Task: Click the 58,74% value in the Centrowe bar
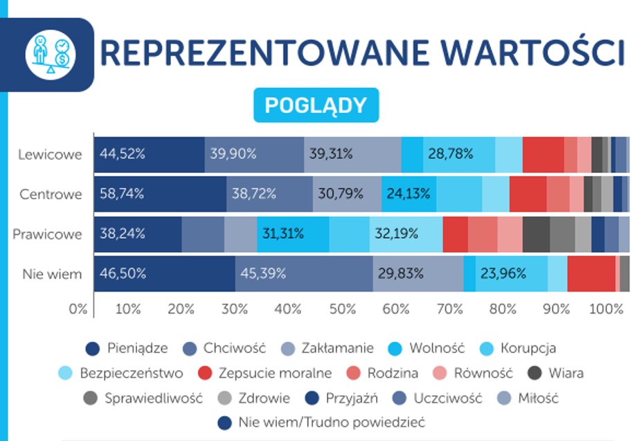coord(121,194)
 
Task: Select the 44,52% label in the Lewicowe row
coord(121,154)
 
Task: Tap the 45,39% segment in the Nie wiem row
coord(263,273)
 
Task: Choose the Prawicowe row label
coord(47,234)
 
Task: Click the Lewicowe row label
coord(51,154)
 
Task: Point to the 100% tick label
coord(607,308)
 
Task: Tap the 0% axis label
coord(78,308)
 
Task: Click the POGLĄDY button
coord(316,105)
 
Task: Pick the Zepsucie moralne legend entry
coord(264,373)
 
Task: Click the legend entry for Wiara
coord(556,373)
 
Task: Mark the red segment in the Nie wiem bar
coord(591,273)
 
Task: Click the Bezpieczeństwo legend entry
coord(122,373)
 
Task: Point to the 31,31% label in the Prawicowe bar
coord(282,234)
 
